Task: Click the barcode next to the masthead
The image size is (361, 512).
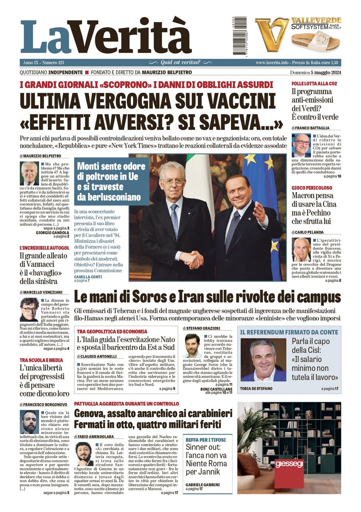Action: [240, 36]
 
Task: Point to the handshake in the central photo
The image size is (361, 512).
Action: [192, 259]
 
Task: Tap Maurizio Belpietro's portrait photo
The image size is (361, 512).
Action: [29, 173]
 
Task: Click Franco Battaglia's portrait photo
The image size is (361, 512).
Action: [301, 145]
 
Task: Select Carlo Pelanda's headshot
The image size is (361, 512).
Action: [301, 250]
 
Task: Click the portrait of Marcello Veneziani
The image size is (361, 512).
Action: [29, 310]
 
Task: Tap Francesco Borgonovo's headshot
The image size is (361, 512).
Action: [29, 422]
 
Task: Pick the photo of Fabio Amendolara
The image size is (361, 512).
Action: [84, 454]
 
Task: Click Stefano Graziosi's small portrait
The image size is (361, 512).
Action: [192, 346]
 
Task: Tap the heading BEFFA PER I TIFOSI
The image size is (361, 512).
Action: [206, 440]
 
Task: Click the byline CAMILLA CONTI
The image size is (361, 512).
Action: [88, 277]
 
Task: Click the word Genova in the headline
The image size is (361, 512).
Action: [91, 413]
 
